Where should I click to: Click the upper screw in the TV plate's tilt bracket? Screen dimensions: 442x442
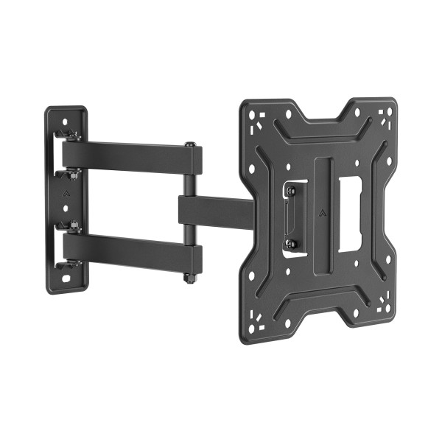click(290, 191)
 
